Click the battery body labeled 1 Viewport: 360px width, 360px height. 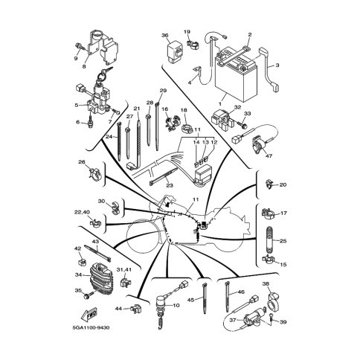(x=236, y=77)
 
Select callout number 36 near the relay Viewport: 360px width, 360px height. (x=165, y=35)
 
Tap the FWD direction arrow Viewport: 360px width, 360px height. (x=89, y=315)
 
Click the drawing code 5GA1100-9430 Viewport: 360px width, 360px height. (x=91, y=328)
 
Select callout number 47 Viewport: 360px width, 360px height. (x=269, y=156)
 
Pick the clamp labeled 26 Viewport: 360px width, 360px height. (x=95, y=173)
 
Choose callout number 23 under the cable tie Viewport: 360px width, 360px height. (x=170, y=185)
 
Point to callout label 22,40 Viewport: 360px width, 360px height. (x=83, y=212)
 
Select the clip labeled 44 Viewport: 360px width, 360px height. (x=135, y=309)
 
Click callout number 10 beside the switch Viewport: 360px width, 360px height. (x=176, y=306)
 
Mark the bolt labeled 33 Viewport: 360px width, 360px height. (x=242, y=124)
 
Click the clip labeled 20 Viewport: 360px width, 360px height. (x=269, y=184)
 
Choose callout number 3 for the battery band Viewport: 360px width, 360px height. (x=277, y=65)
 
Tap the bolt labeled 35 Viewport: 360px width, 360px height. (x=89, y=295)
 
